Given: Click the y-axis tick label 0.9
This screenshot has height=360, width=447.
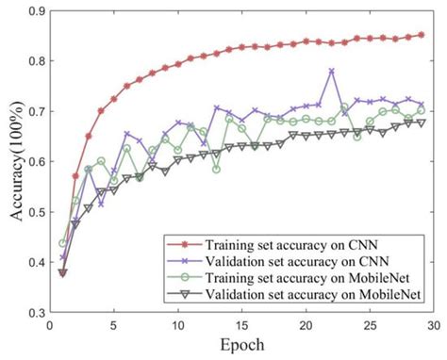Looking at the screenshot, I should point(34,10).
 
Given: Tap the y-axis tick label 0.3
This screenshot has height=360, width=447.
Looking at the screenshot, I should point(34,312).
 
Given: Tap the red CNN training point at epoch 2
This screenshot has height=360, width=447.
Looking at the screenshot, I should point(75,176).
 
